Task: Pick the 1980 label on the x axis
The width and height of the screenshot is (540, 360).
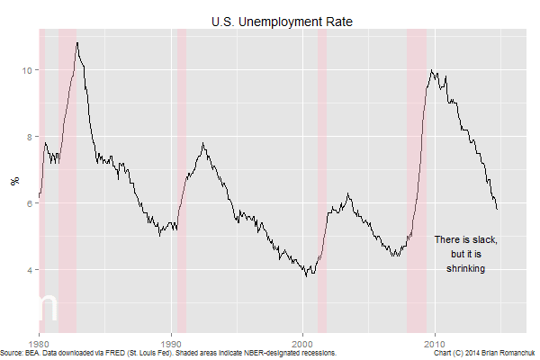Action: (x=40, y=344)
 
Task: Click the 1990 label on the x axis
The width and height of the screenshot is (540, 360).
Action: (x=172, y=344)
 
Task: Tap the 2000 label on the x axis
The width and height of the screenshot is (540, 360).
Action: (x=303, y=344)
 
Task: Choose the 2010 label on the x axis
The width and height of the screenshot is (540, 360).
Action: (x=436, y=344)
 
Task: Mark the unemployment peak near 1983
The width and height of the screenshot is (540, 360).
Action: (x=77, y=42)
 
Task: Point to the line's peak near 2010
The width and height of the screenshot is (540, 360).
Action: (x=433, y=71)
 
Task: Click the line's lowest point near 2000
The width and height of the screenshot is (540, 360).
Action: (x=306, y=274)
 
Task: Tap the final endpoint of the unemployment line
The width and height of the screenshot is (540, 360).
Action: (x=498, y=209)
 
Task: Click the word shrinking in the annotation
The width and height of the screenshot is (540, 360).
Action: (x=466, y=268)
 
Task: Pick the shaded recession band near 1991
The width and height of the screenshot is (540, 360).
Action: (x=181, y=180)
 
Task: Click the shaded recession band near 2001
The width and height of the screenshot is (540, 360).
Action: (x=322, y=180)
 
